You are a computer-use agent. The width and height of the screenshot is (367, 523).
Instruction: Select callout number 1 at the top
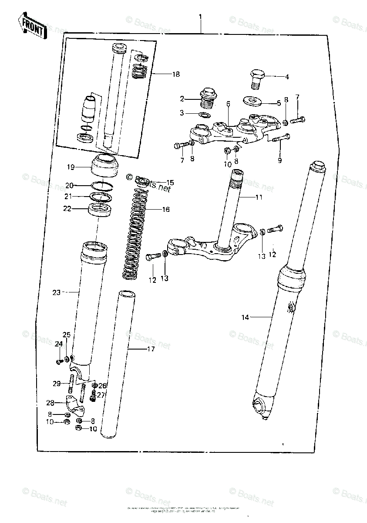coord(200,17)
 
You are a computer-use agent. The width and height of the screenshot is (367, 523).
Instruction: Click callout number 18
coord(175,75)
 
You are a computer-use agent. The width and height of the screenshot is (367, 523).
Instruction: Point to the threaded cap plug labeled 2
coord(208,98)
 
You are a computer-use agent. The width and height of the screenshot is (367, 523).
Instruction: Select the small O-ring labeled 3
coord(203,115)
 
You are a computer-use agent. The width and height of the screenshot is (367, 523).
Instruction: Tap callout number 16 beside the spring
coord(165,210)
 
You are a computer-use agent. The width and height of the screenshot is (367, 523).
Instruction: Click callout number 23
coord(56,293)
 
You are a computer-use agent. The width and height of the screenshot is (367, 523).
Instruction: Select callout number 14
coord(245,317)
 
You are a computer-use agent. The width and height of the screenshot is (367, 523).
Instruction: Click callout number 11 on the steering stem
coord(259,197)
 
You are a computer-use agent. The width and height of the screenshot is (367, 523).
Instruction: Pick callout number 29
coord(56,384)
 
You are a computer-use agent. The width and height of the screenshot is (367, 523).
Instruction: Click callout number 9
coord(279,160)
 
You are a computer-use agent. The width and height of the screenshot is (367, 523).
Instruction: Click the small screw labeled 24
coord(58,361)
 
